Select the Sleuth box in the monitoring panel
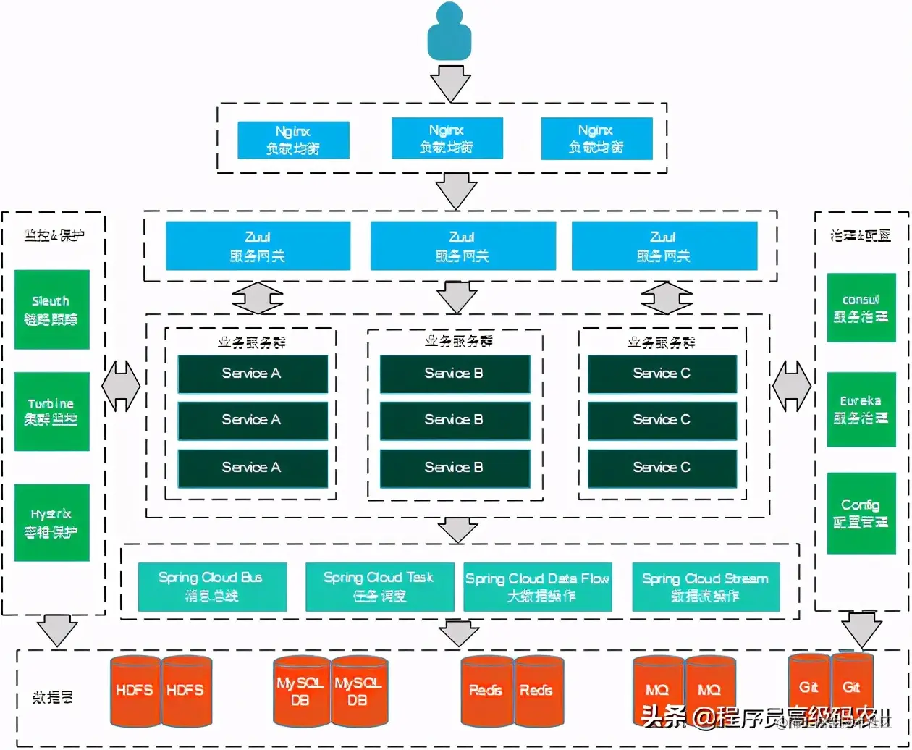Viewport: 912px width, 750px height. [x=51, y=309]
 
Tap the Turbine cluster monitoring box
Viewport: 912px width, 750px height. [x=51, y=411]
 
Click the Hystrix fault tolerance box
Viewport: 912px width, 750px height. [x=51, y=522]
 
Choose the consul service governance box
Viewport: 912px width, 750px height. [x=861, y=308]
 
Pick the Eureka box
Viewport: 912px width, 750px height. [x=861, y=409]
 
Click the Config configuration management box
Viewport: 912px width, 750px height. [x=861, y=513]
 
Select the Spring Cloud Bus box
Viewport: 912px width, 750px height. [x=211, y=586]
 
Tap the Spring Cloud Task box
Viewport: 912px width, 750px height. [x=379, y=586]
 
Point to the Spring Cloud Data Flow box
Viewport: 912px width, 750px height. [x=537, y=586]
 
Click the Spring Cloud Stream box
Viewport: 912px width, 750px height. [x=705, y=586]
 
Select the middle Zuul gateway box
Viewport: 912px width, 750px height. [x=463, y=245]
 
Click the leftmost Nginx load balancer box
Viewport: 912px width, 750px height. [x=293, y=140]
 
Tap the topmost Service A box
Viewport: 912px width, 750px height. [x=252, y=374]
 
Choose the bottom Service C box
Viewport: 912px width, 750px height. [x=662, y=468]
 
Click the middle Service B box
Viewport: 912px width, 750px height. [x=454, y=420]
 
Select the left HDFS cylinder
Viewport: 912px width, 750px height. [x=135, y=691]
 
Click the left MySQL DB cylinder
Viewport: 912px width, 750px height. [x=300, y=691]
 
